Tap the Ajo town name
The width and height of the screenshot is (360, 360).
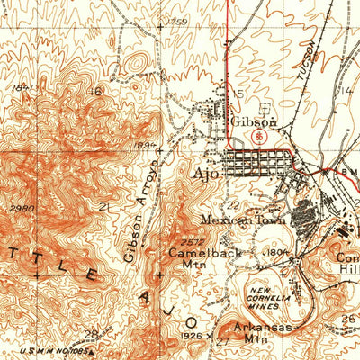coord(205,169)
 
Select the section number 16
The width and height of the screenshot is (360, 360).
coord(94,91)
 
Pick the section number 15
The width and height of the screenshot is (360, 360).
coord(239,94)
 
